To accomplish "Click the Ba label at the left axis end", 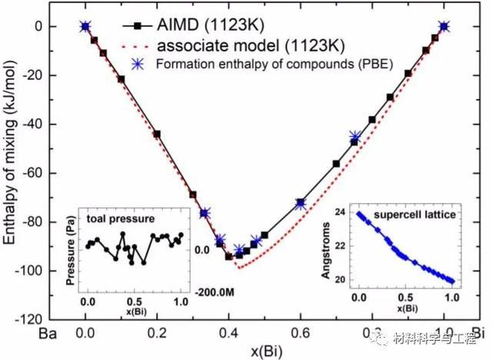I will pos(48,335).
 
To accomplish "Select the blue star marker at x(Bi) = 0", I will pos(85,27).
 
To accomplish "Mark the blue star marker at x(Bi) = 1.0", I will pos(443,27).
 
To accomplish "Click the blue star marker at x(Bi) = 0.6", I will pos(300,204).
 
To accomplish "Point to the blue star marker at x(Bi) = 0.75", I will pos(354,138).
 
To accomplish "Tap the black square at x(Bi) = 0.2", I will pos(157,134).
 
